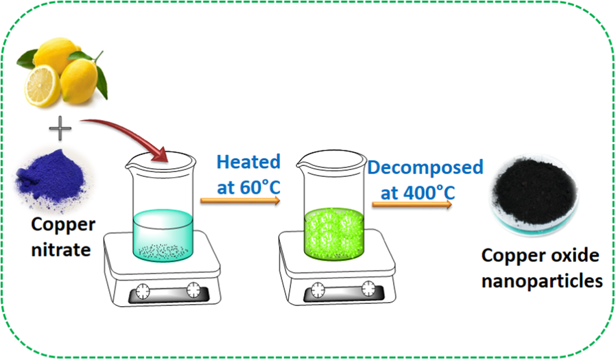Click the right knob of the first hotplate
click(x=195, y=289)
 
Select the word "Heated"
click(x=249, y=162)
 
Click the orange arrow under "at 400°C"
click(x=412, y=205)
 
